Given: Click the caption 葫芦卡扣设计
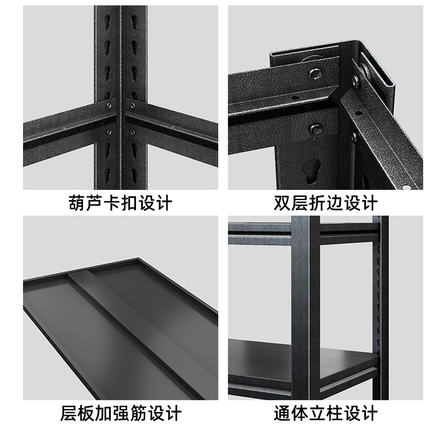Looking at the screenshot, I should (x=120, y=204).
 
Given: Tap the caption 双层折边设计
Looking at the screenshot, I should (x=325, y=204).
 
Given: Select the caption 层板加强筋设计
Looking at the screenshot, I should (x=120, y=414).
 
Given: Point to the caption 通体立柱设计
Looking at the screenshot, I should (x=325, y=414).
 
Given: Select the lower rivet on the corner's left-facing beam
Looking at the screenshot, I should (x=316, y=129).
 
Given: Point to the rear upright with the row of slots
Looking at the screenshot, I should (x=380, y=300).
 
